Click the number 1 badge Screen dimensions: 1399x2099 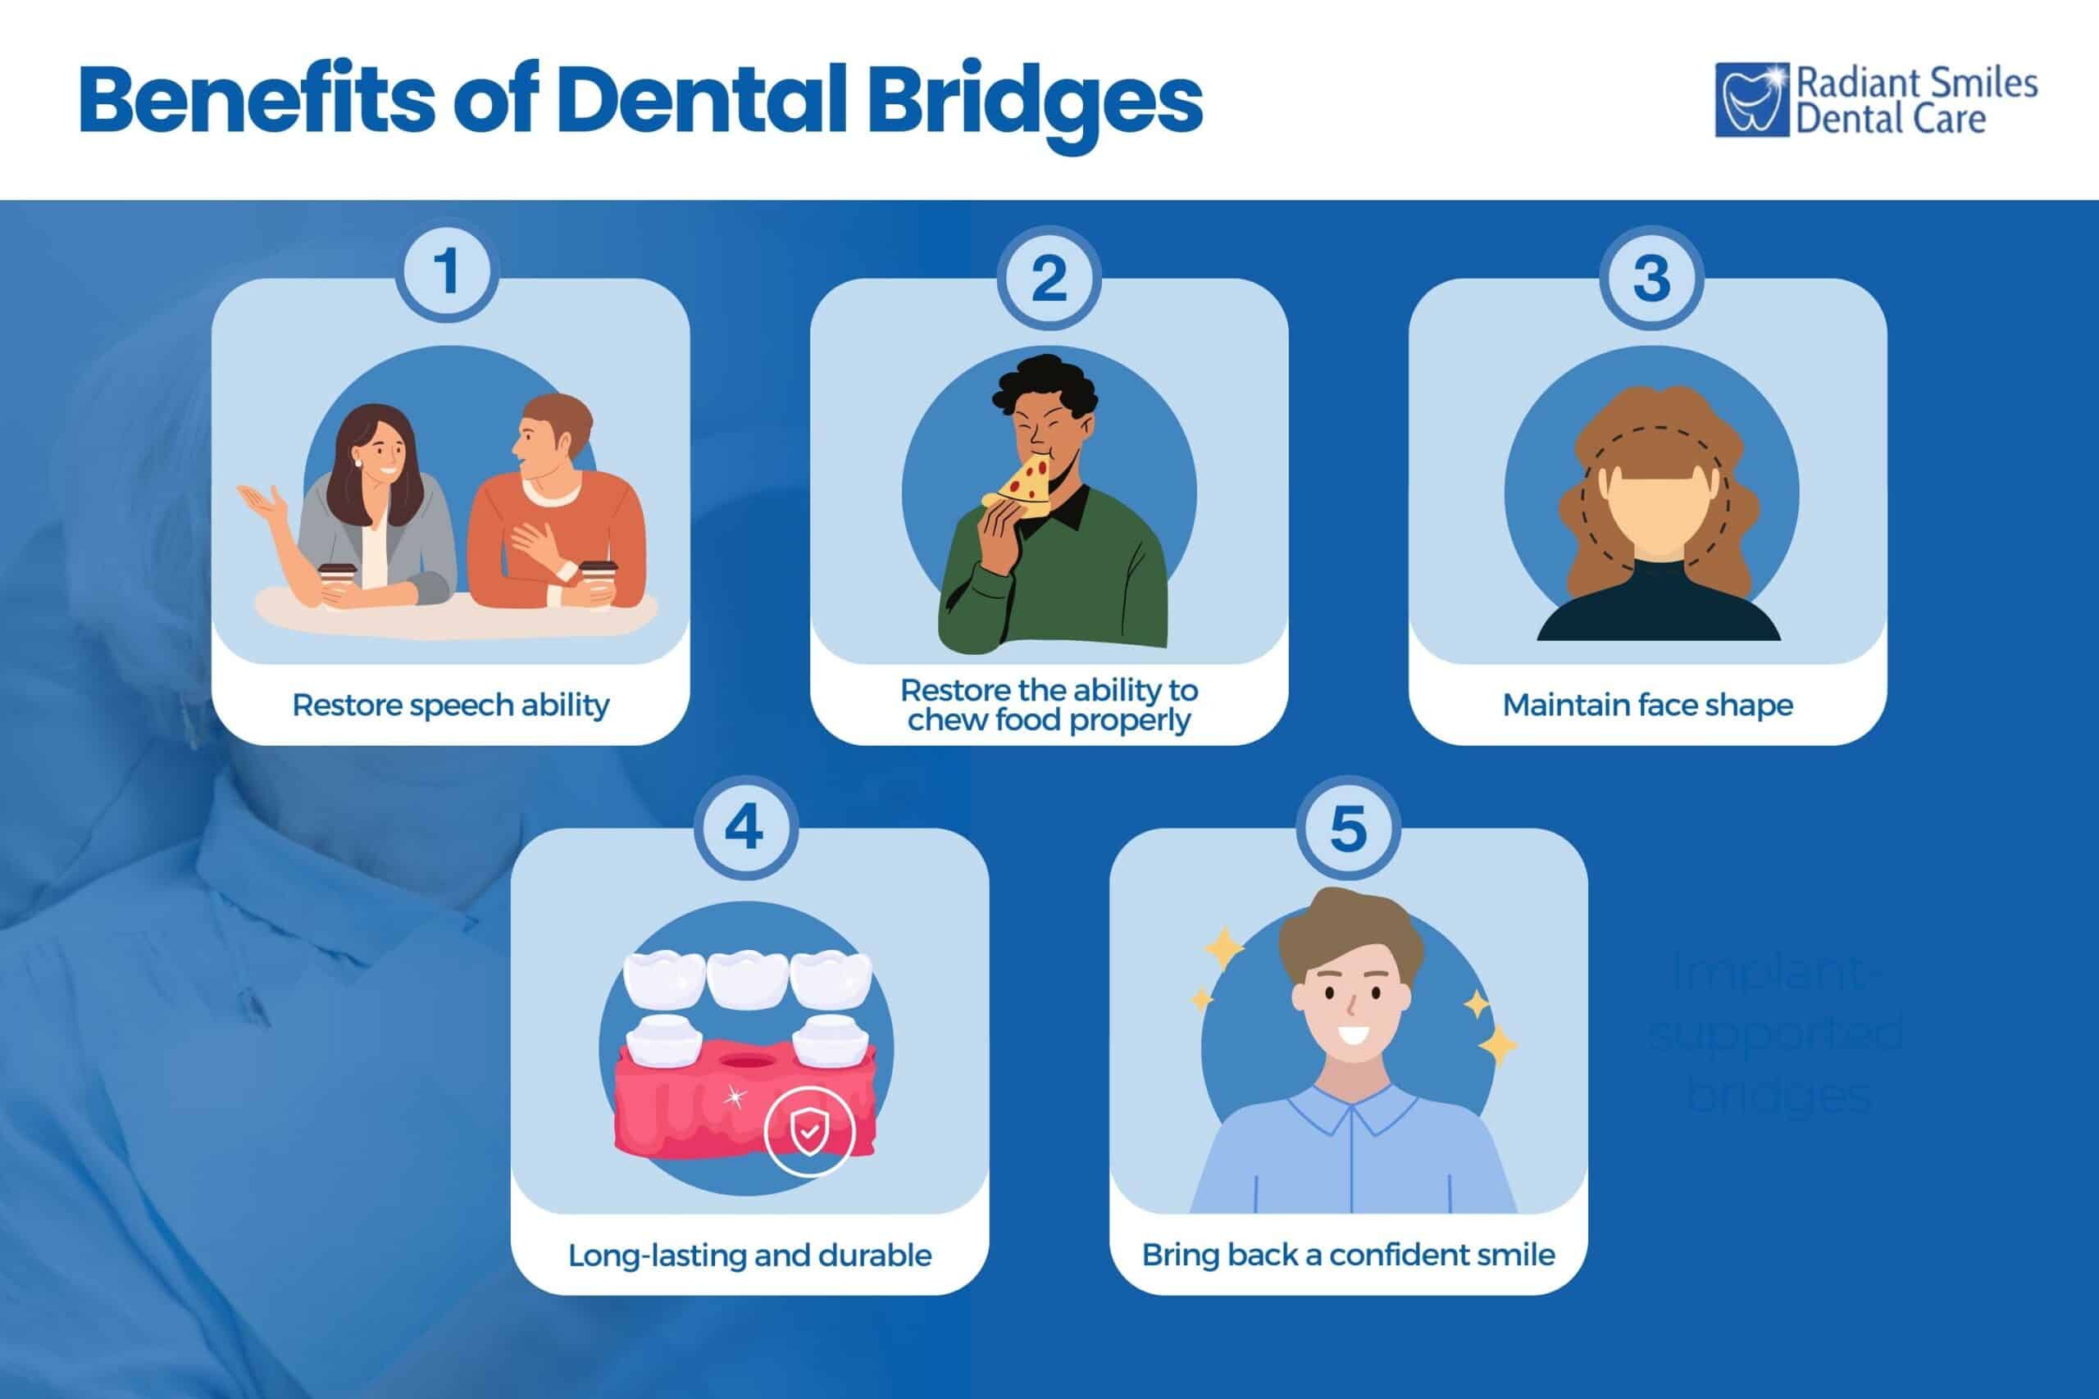click(448, 271)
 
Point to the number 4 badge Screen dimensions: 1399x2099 click(744, 828)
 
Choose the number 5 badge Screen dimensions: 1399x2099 click(1348, 828)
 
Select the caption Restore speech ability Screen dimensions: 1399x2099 click(451, 705)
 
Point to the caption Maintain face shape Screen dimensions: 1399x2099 click(1647, 705)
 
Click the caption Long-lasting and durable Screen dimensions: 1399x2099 click(749, 1256)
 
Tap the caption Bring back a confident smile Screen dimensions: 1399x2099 click(1348, 1256)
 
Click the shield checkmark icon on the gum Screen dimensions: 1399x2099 click(808, 1131)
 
